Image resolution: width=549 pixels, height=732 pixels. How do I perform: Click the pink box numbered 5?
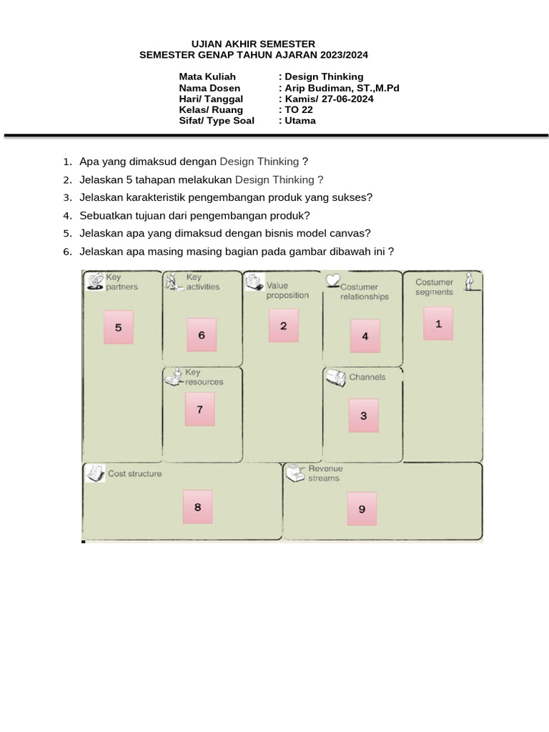tap(119, 327)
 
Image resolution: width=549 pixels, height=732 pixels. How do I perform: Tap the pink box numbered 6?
tap(202, 335)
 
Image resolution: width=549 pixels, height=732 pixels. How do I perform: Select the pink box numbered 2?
tap(284, 326)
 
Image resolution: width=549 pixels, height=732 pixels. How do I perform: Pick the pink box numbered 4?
tap(365, 336)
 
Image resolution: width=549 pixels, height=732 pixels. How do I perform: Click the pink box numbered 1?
tap(438, 323)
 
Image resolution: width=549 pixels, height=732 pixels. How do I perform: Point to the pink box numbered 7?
tap(199, 410)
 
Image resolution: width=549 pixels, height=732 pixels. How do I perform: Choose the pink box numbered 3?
tap(363, 415)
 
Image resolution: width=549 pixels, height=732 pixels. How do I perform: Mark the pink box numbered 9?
tap(362, 509)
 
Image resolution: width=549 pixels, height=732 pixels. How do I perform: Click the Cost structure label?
tap(134, 473)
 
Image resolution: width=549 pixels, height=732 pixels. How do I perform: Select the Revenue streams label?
tap(325, 473)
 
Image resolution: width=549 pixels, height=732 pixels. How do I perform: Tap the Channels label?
tap(367, 377)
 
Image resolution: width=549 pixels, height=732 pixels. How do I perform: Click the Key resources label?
tap(204, 377)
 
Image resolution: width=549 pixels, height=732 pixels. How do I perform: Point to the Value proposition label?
tap(287, 290)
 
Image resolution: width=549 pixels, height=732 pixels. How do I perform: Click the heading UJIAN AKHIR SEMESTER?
tap(253, 44)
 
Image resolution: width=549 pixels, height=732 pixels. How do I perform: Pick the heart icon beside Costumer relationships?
tap(332, 280)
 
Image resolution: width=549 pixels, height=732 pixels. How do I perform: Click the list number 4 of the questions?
tap(67, 215)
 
